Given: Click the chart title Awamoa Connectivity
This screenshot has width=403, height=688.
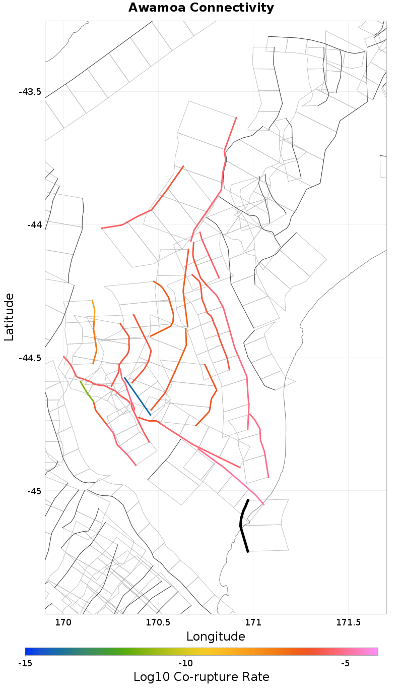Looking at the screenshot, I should [201, 8].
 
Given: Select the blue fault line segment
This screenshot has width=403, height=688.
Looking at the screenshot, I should [137, 396].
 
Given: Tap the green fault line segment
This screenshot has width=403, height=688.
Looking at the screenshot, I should [86, 391].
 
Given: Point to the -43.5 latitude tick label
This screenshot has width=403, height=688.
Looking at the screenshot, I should [30, 92].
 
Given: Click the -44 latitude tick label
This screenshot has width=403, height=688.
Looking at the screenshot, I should [34, 224].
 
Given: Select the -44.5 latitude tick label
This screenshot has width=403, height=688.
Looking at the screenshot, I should [30, 358].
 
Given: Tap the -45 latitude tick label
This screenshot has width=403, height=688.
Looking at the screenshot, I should [34, 491].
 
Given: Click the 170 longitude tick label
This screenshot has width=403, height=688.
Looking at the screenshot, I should [63, 623].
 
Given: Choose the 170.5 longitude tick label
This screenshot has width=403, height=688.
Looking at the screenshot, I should [158, 623].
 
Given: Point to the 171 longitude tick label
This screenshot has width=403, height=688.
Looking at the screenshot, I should [253, 623].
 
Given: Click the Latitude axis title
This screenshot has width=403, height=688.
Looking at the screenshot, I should [9, 317].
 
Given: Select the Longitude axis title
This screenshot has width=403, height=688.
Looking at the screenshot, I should [216, 637].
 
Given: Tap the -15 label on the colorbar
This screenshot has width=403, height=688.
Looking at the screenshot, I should [25, 662].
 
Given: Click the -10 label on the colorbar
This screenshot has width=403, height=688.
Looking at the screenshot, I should [185, 662].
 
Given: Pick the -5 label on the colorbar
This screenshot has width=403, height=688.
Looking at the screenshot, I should [345, 662].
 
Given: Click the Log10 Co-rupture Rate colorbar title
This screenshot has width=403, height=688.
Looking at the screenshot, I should [201, 677].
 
